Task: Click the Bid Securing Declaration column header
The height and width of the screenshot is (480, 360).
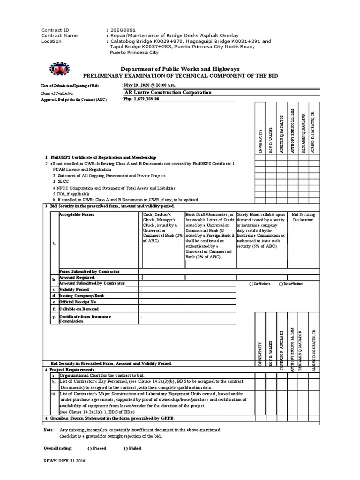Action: tap(303, 217)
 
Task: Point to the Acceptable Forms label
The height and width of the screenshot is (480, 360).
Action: tap(76, 214)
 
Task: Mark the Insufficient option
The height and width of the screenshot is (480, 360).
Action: tap(291, 284)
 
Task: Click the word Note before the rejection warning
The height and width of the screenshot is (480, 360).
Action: tap(48, 430)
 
